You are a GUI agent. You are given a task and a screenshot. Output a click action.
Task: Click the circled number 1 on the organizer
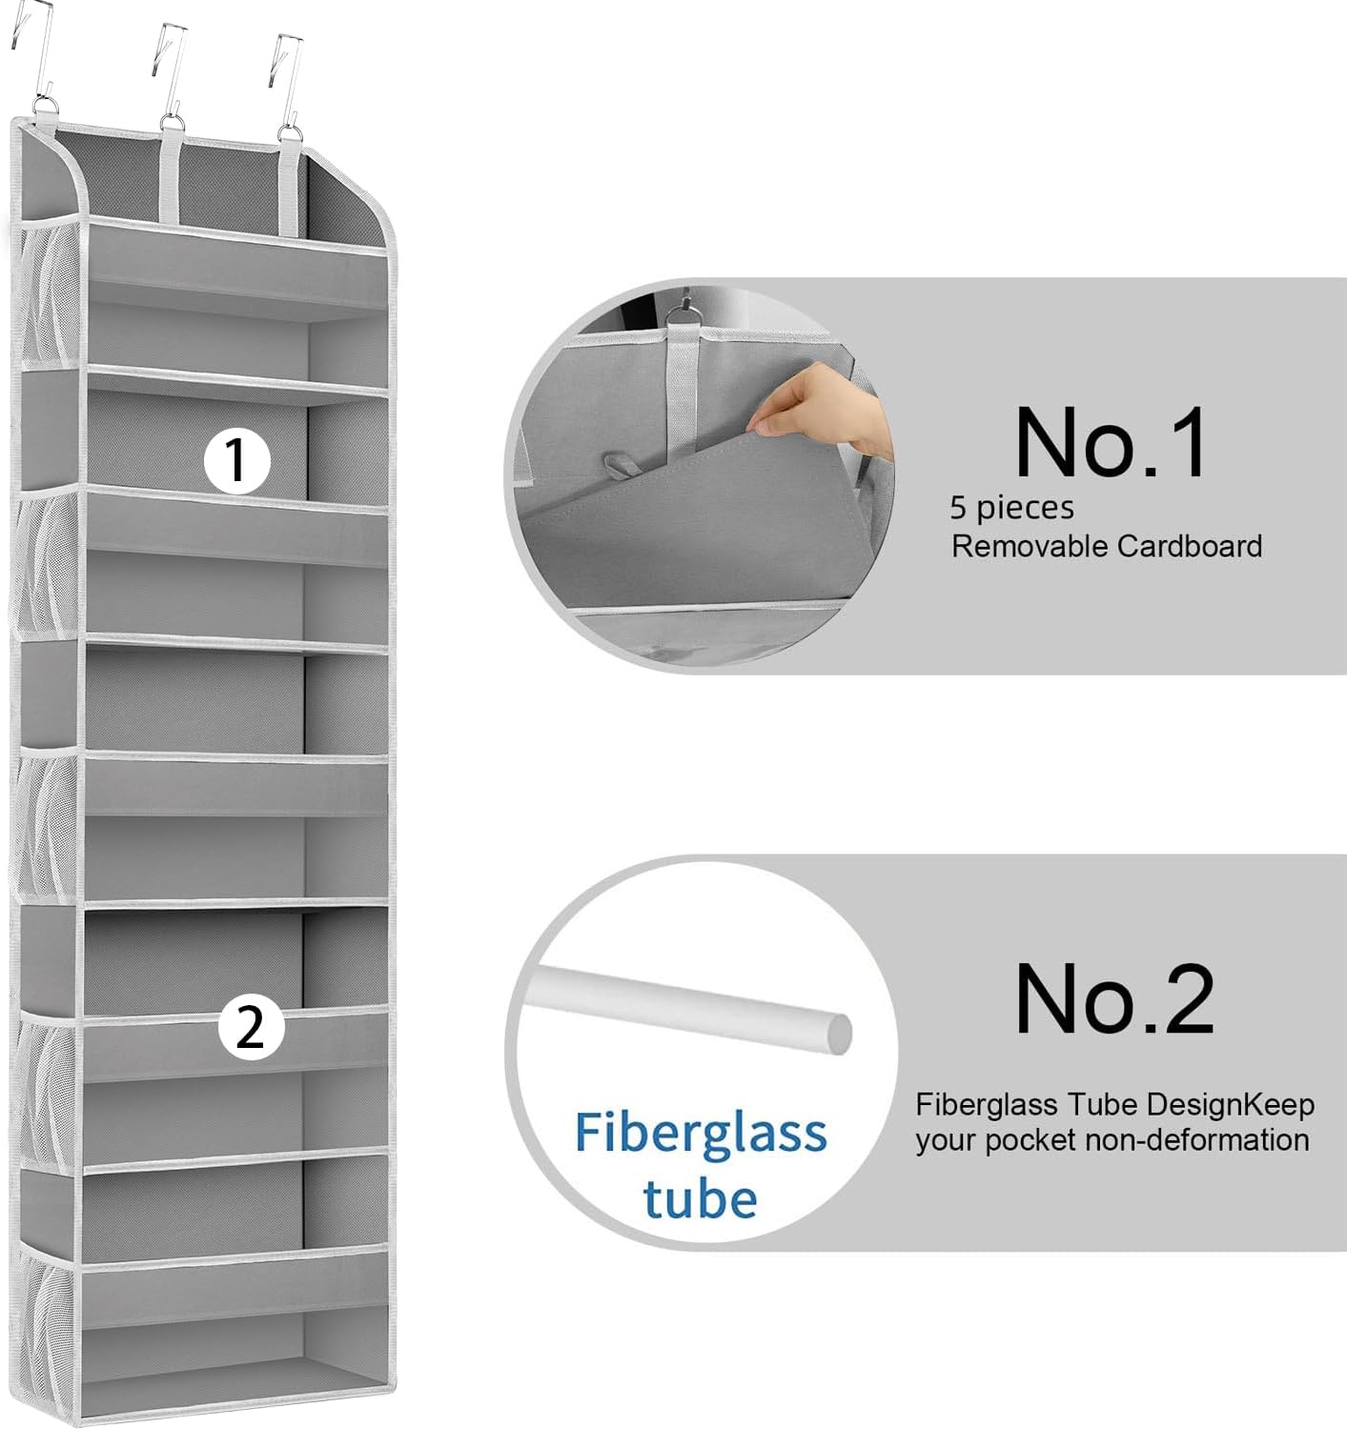(x=237, y=461)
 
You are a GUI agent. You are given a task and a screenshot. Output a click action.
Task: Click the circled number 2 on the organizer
(x=251, y=1028)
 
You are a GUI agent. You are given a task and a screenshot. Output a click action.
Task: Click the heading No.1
(x=1111, y=443)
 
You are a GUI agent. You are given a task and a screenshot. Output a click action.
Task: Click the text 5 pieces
(x=1011, y=508)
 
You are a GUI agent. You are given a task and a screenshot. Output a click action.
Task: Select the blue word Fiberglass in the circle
(x=700, y=1134)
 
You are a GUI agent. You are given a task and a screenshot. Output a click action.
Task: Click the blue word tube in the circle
(x=700, y=1198)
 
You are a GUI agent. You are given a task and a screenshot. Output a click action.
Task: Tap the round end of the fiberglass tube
(x=838, y=1034)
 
